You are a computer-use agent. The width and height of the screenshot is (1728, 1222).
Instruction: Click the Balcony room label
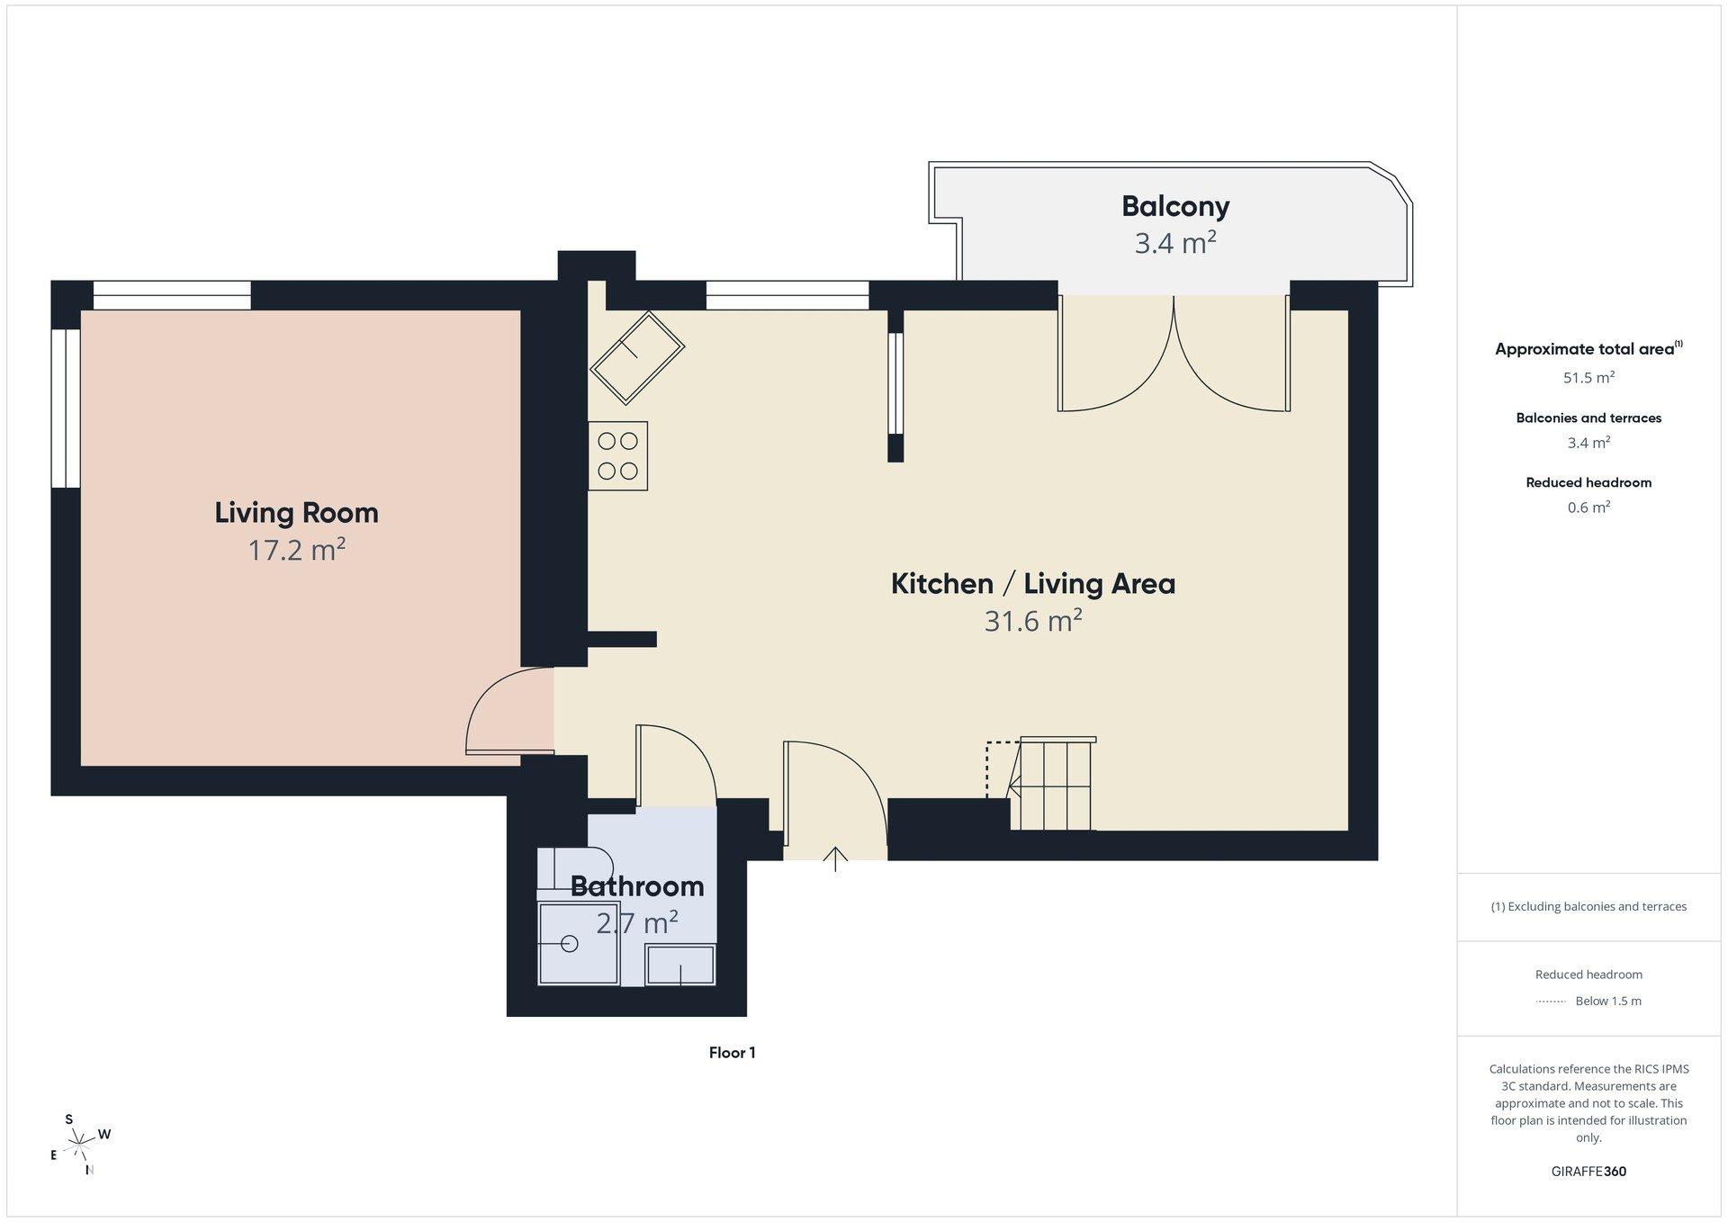(1175, 206)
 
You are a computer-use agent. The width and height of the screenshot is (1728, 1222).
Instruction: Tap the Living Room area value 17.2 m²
(297, 550)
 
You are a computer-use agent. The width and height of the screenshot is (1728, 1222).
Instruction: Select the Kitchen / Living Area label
(1033, 584)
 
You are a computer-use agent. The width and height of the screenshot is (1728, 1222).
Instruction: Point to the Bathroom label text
(637, 886)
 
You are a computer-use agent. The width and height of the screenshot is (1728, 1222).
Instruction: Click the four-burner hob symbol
(618, 456)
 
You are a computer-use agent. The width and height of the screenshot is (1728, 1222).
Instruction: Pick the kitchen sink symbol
(637, 357)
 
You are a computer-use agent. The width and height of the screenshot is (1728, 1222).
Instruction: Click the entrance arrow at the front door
(836, 859)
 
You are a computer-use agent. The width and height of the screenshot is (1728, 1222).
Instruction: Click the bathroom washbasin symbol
(680, 965)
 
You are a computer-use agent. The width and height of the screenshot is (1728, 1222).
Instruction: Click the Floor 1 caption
(732, 1053)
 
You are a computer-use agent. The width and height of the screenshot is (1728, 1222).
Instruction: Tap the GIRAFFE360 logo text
(1588, 1172)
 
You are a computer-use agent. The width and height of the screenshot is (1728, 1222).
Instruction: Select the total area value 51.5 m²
(1588, 378)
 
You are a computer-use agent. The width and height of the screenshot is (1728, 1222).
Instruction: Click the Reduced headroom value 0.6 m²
(1588, 508)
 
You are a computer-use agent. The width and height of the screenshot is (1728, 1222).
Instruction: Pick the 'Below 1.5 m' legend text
(1608, 1002)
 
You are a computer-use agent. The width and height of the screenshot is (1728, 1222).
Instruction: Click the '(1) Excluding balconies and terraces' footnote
(1588, 907)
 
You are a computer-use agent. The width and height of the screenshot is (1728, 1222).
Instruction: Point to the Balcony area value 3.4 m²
(1175, 244)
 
